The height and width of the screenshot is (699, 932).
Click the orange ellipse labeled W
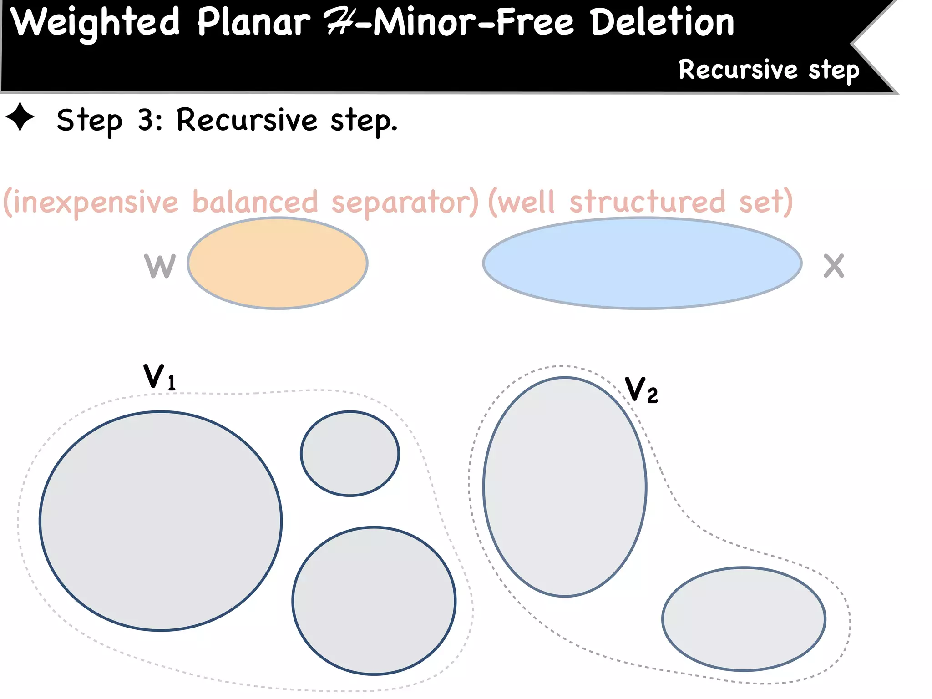(x=278, y=263)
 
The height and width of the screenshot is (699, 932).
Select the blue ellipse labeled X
(x=642, y=263)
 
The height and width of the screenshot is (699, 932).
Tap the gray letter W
(x=160, y=266)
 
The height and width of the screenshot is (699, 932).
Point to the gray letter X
(x=834, y=266)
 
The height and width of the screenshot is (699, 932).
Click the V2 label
(x=641, y=390)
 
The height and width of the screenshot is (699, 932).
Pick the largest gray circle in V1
(x=161, y=521)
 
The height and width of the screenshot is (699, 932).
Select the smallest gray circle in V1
(x=350, y=453)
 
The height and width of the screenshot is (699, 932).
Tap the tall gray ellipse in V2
(x=565, y=486)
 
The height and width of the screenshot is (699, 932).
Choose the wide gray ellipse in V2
(x=744, y=619)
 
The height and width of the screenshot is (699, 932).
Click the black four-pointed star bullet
(x=20, y=117)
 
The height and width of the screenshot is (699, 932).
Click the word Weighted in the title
(x=95, y=23)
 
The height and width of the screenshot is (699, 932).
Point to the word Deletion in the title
(x=663, y=23)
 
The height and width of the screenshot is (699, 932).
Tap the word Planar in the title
(x=253, y=23)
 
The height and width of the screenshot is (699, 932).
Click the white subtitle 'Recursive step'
(x=769, y=70)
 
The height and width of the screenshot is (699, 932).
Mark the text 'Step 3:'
(x=109, y=120)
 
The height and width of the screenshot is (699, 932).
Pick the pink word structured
(x=647, y=202)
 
